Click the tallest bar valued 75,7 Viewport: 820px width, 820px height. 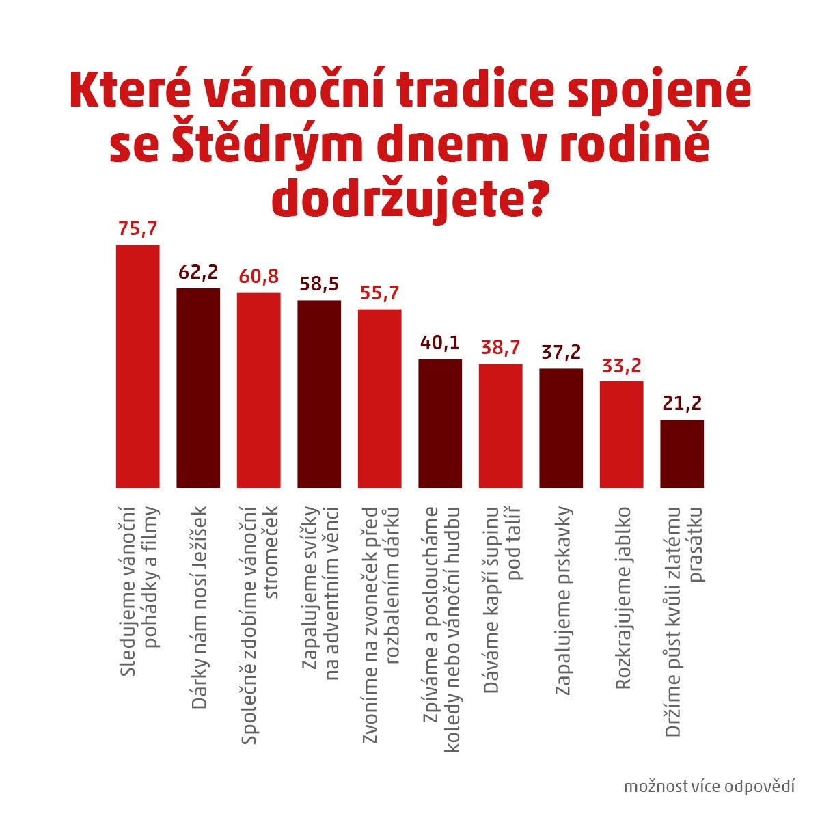(137, 366)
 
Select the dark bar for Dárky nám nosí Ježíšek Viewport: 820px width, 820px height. (198, 387)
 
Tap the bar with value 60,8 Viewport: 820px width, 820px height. (258, 389)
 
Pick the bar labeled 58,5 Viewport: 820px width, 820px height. (319, 394)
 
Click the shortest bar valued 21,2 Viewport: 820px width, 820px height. (682, 453)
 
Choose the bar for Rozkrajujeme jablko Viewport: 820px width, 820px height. (622, 434)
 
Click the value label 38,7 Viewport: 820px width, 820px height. (500, 348)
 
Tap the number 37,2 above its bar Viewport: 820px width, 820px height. (561, 353)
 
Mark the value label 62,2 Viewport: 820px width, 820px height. (198, 272)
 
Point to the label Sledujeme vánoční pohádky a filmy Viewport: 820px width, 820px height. (138, 592)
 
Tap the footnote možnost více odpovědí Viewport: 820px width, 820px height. (709, 786)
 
